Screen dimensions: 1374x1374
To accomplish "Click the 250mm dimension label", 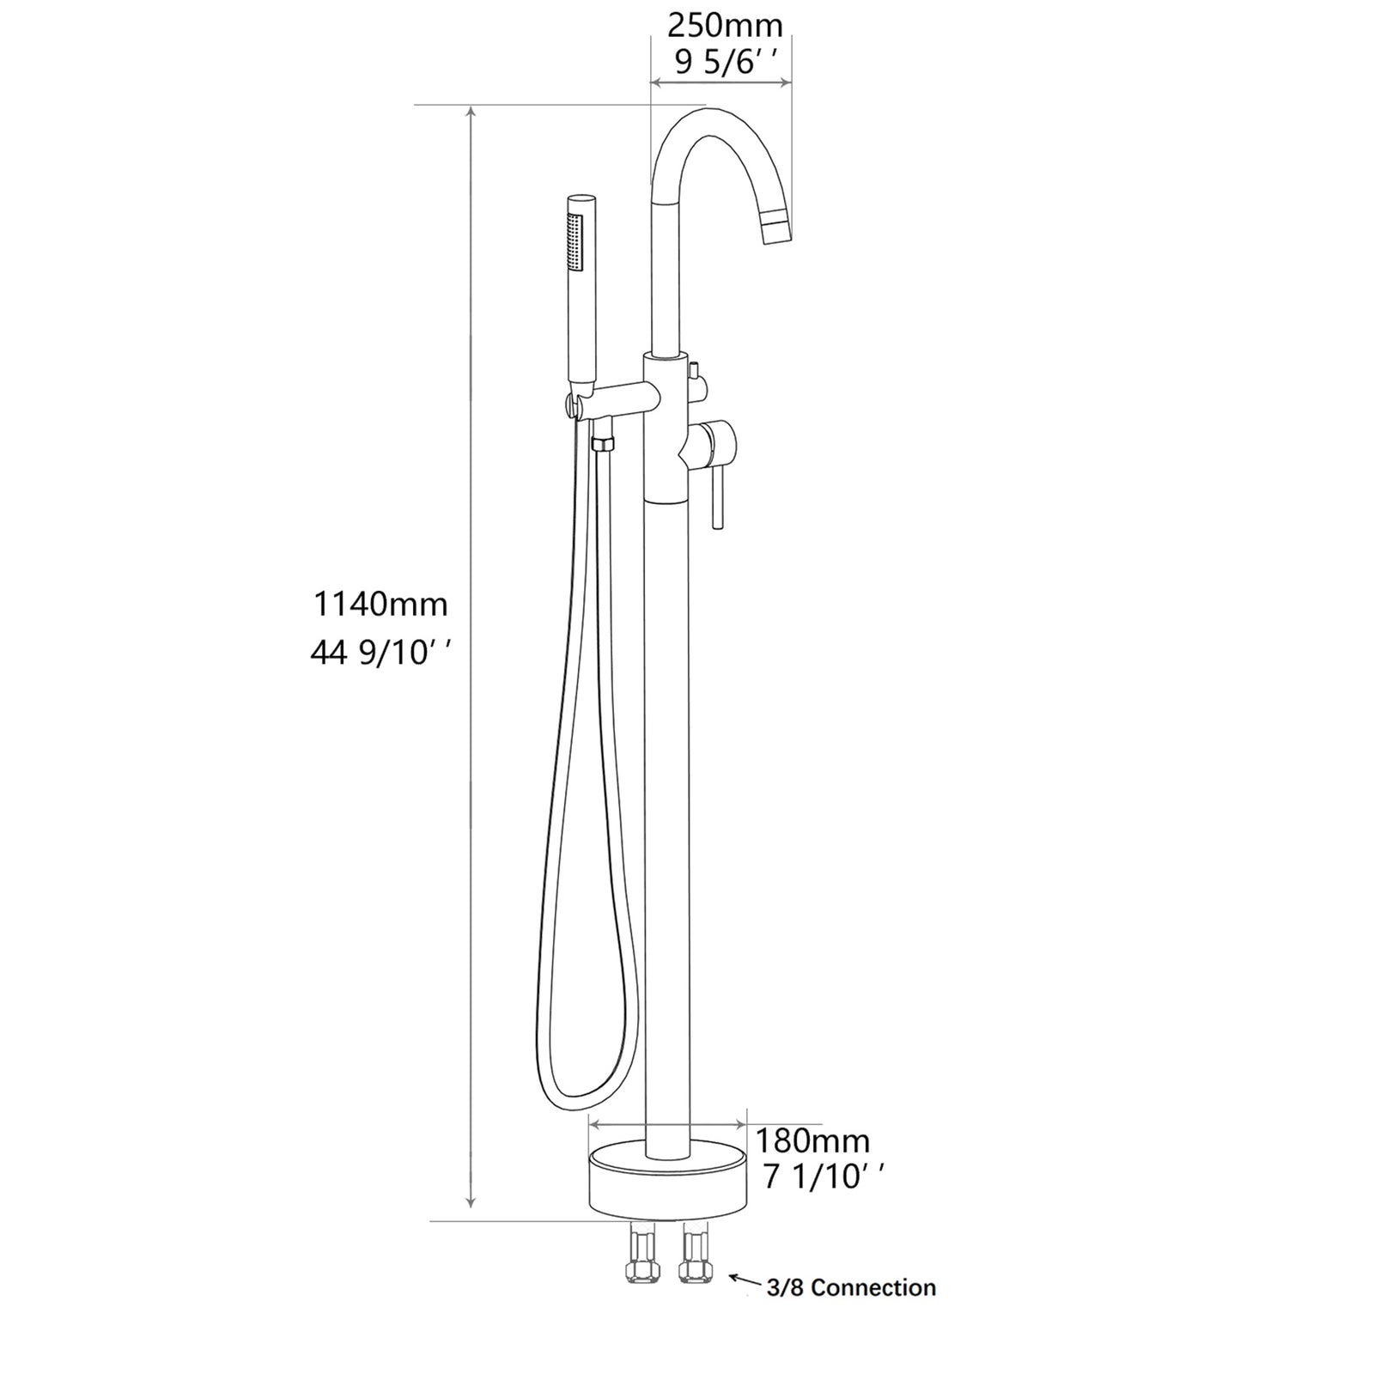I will tap(725, 26).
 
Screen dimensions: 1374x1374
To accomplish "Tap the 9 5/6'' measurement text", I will tap(725, 63).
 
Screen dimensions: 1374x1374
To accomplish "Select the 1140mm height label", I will tap(380, 605).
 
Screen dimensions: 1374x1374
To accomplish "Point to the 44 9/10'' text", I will tap(380, 654).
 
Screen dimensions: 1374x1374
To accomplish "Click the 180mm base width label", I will tap(812, 1141).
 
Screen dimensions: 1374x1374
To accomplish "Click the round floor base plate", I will tap(667, 1185).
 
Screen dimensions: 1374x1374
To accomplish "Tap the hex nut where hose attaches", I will tap(603, 444).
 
